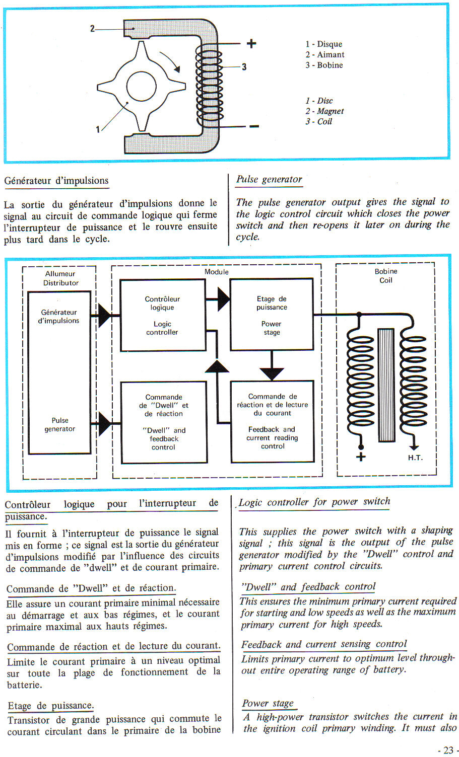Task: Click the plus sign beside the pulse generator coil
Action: pyautogui.click(x=251, y=44)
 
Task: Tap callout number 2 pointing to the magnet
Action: pyautogui.click(x=92, y=29)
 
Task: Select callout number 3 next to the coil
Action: pyautogui.click(x=244, y=66)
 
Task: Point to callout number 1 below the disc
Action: pyautogui.click(x=98, y=129)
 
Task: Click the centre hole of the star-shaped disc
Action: pyautogui.click(x=141, y=87)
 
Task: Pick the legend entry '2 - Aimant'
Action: pyautogui.click(x=324, y=54)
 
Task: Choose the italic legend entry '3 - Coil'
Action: pyautogui.click(x=318, y=121)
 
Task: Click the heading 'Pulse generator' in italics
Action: pyautogui.click(x=269, y=179)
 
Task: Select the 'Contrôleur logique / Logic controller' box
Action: pyautogui.click(x=163, y=315)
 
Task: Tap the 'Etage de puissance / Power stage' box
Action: pyautogui.click(x=271, y=315)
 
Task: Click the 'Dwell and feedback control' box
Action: pyautogui.click(x=164, y=422)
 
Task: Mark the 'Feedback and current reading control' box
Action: pyautogui.click(x=272, y=421)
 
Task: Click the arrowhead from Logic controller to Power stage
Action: pyautogui.click(x=224, y=299)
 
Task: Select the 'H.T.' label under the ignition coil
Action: pyautogui.click(x=415, y=458)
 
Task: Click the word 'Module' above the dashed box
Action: pyautogui.click(x=217, y=272)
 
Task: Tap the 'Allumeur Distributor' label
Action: pyautogui.click(x=60, y=278)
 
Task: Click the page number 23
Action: pyautogui.click(x=448, y=750)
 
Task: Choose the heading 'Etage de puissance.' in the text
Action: pyautogui.click(x=51, y=706)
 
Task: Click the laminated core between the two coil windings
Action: pyautogui.click(x=386, y=385)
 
